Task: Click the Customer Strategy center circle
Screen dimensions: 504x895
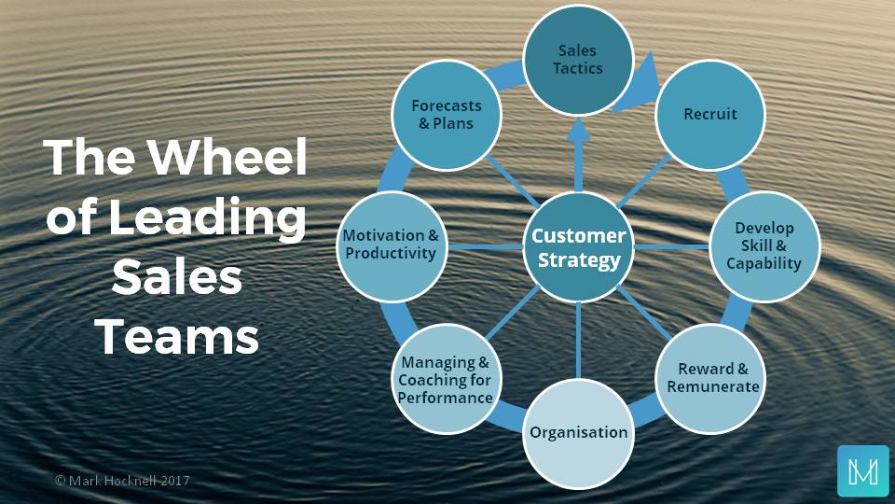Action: [578, 247]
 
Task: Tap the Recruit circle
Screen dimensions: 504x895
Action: [710, 114]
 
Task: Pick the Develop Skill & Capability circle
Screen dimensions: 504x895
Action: [764, 246]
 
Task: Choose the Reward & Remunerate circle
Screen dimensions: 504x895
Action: [712, 377]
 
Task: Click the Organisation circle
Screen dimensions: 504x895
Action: [578, 431]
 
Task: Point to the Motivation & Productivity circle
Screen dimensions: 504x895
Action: [391, 245]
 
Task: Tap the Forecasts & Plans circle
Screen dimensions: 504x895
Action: [444, 114]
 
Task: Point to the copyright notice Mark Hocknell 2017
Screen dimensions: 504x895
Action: [123, 481]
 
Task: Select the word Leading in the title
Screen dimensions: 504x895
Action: [211, 220]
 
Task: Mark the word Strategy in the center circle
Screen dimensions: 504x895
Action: [578, 260]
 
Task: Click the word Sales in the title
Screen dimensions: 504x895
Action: [177, 278]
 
